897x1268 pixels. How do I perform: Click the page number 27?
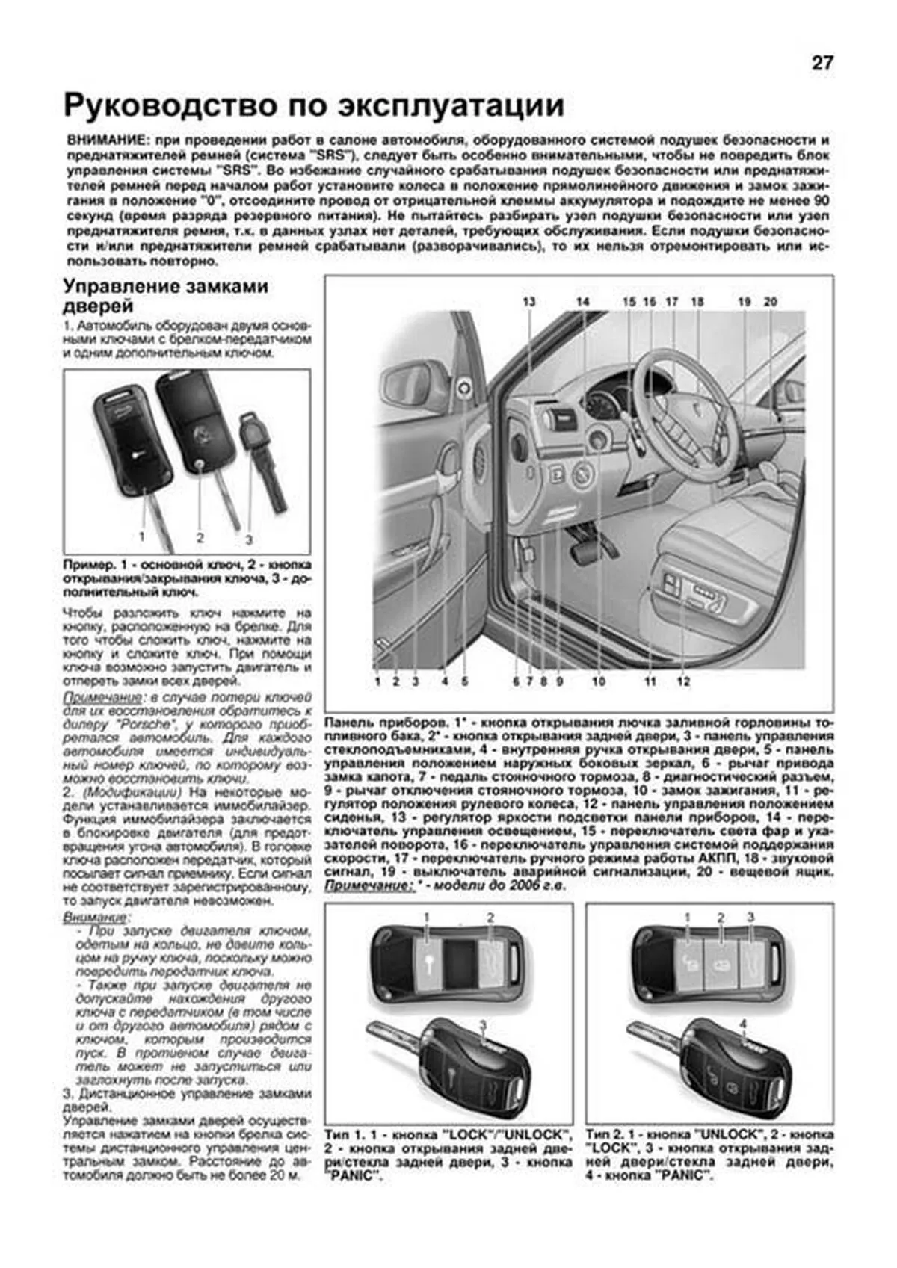822,64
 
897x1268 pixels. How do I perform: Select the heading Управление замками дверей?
165,296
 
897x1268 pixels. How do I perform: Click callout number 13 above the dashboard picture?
529,302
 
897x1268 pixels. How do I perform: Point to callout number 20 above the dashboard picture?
771,302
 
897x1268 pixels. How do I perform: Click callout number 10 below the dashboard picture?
598,681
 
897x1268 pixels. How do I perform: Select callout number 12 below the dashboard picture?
683,681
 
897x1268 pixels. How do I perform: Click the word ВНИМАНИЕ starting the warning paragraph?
101,140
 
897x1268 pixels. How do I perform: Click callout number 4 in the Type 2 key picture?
742,1023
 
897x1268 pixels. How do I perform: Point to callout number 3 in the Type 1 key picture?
483,1023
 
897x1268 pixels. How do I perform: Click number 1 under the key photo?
141,536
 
